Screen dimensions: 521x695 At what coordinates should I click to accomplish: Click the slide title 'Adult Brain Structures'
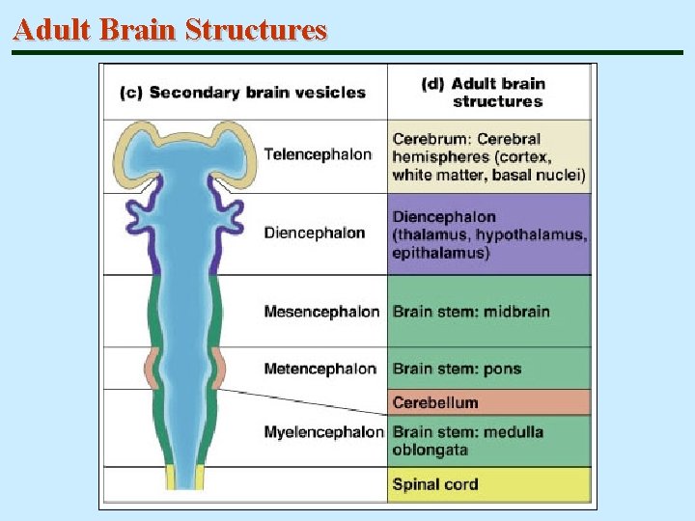171,30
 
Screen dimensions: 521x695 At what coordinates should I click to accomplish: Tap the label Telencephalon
318,154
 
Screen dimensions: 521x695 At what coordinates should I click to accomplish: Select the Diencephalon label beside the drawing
315,233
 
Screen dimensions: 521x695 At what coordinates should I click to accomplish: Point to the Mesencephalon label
321,312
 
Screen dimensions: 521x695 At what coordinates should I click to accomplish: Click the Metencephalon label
320,369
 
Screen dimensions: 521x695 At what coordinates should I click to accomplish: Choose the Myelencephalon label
323,432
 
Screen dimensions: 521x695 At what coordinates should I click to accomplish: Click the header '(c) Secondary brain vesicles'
242,93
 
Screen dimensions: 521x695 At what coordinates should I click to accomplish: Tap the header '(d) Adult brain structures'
490,93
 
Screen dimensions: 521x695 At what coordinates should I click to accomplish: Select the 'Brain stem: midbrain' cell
471,312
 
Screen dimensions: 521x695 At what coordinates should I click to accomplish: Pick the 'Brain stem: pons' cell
457,369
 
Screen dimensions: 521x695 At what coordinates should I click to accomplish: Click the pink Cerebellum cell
435,402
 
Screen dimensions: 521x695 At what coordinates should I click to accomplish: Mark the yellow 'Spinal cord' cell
435,484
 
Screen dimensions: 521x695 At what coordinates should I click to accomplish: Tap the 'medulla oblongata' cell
468,441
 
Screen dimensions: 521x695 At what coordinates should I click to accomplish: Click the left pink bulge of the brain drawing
152,369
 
